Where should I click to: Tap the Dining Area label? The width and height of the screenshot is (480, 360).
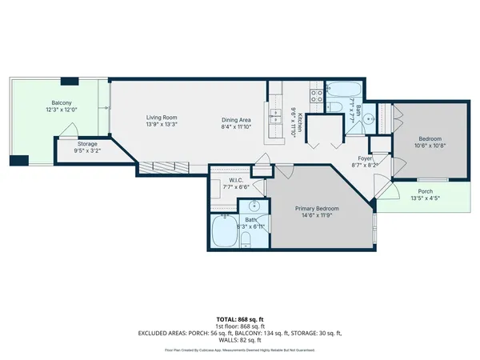237,121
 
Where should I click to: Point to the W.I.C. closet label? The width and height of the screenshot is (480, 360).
235,181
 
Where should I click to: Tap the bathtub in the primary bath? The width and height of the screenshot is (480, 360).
224,234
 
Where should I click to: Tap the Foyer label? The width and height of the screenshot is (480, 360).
365,158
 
